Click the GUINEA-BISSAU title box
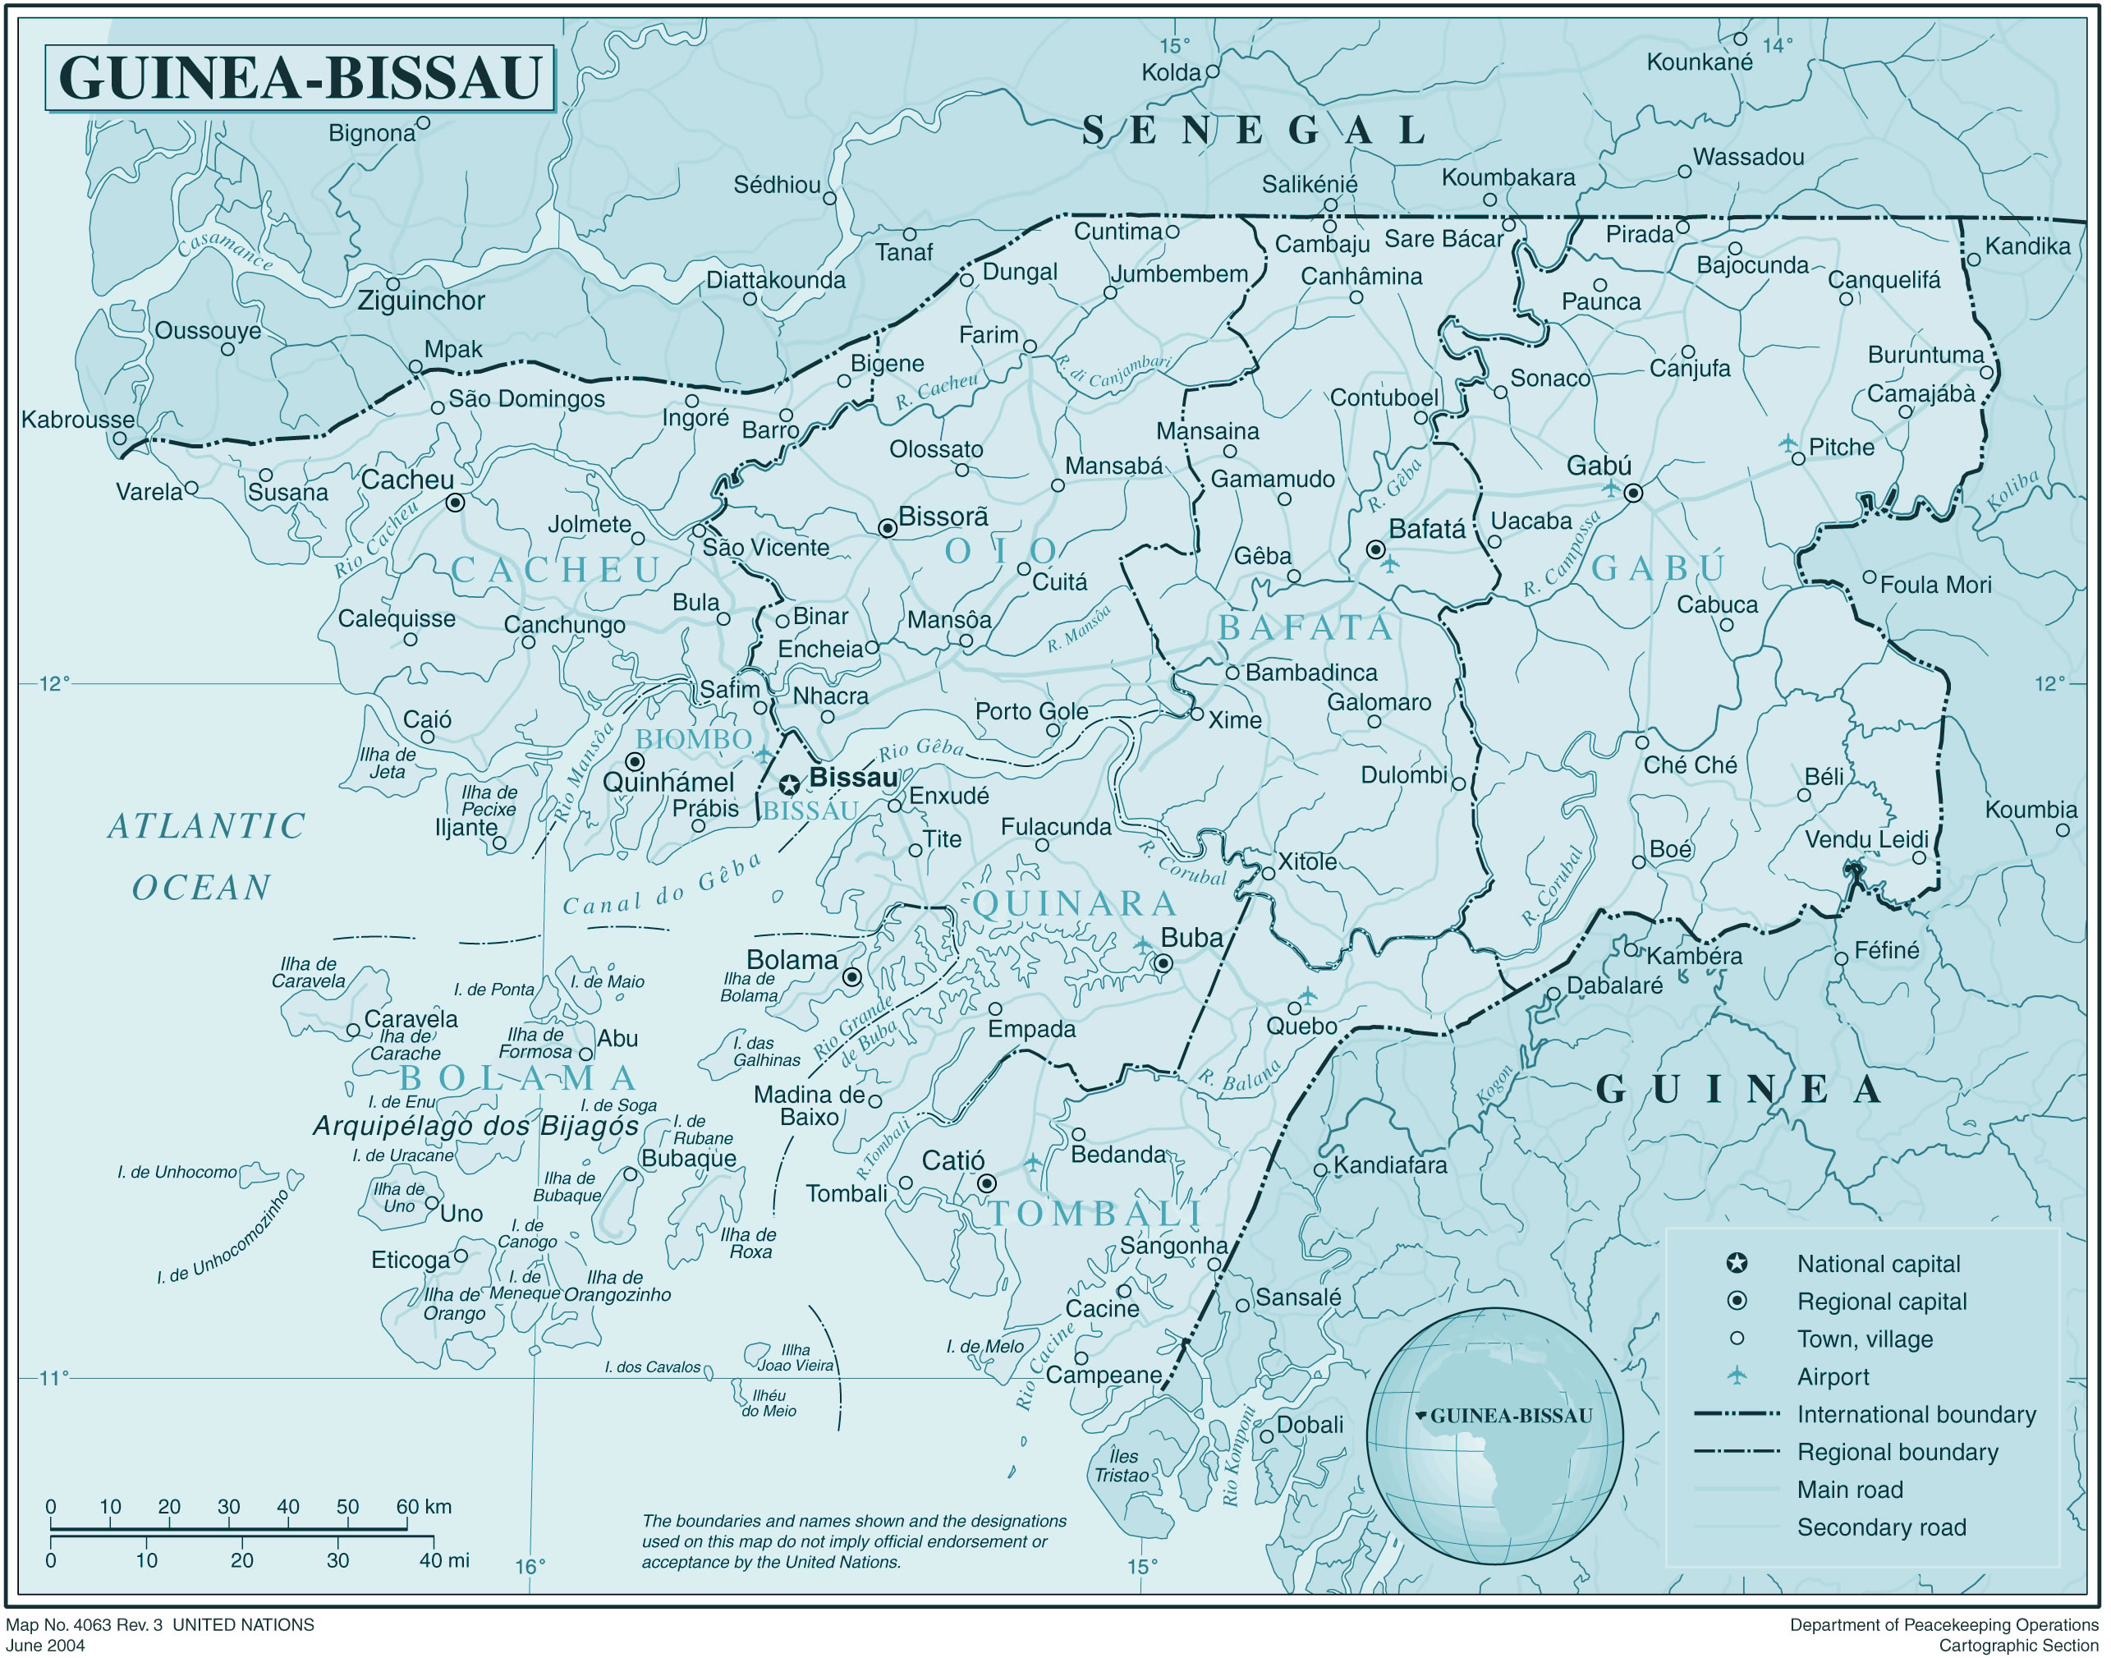[299, 78]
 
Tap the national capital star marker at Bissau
[790, 784]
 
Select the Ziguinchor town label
[420, 301]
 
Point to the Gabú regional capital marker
[1633, 493]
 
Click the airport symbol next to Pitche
[1787, 443]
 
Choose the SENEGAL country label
[1254, 130]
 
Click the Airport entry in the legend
[1833, 1376]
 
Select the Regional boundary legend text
[1898, 1452]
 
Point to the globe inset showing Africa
[1494, 1436]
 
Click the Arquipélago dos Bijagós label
[475, 1126]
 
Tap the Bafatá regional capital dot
[1374, 549]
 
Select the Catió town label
[952, 1160]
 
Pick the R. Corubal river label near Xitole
[1182, 863]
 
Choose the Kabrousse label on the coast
[78, 420]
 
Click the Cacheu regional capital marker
[455, 503]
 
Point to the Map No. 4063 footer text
[160, 1625]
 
